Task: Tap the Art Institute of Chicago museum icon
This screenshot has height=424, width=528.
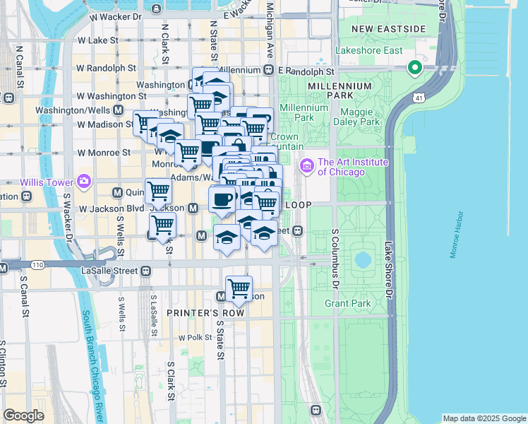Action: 307,166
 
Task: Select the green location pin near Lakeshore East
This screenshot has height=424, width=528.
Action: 414,68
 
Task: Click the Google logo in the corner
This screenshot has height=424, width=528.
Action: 23,416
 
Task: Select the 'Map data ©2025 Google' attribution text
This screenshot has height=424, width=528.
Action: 484,418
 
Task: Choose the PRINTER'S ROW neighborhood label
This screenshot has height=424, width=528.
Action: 205,312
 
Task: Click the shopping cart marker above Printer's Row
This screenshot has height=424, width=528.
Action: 239,288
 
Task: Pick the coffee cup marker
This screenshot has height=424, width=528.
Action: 222,199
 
